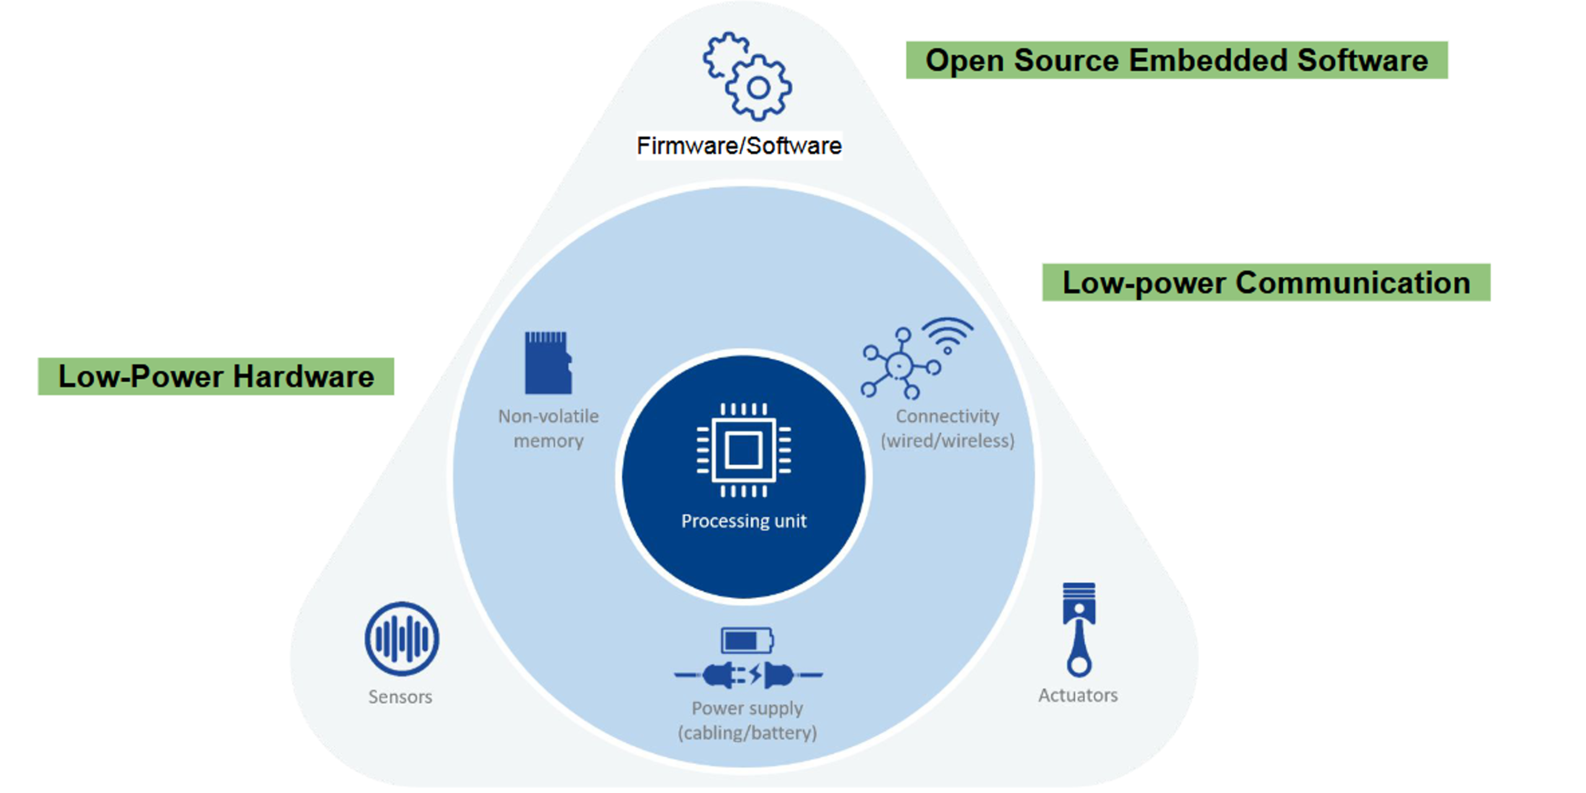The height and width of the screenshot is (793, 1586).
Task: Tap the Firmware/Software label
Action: pyautogui.click(x=739, y=146)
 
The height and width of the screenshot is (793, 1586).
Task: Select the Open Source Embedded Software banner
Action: pyautogui.click(x=1176, y=60)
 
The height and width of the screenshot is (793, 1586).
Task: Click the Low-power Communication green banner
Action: pyautogui.click(x=1266, y=283)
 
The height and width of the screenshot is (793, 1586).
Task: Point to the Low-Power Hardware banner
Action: pyautogui.click(x=216, y=376)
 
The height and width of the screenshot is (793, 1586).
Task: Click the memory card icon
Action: pyautogui.click(x=548, y=362)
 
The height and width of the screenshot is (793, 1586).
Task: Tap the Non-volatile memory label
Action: pyautogui.click(x=548, y=428)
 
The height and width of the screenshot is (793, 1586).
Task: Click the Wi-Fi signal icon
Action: pyautogui.click(x=948, y=335)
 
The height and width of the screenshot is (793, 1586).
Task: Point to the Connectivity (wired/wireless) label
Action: pyautogui.click(x=947, y=428)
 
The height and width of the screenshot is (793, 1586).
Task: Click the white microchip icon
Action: pyautogui.click(x=743, y=450)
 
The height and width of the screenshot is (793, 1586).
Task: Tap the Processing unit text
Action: pyautogui.click(x=743, y=521)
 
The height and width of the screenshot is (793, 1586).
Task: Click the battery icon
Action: pyautogui.click(x=747, y=641)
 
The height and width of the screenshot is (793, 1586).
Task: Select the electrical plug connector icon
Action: pyautogui.click(x=748, y=675)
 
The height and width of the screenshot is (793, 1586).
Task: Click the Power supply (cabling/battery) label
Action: pyautogui.click(x=747, y=721)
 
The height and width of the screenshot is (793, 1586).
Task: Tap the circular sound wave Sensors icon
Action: pyautogui.click(x=401, y=639)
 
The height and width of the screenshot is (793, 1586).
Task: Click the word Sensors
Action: pyautogui.click(x=400, y=697)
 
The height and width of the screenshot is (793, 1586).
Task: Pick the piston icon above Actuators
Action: pyautogui.click(x=1079, y=629)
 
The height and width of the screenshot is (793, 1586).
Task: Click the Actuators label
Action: pyautogui.click(x=1078, y=695)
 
